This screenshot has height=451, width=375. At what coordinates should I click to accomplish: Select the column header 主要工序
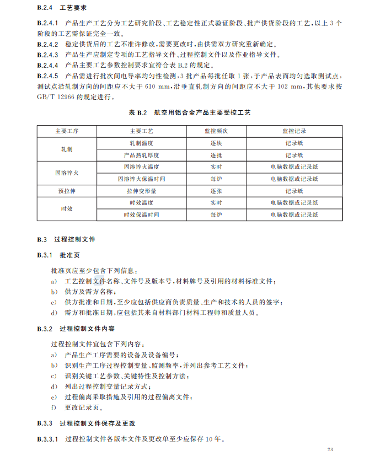coord(67,132)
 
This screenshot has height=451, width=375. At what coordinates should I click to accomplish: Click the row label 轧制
coord(67,149)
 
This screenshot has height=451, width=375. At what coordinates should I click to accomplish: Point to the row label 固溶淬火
coord(67,173)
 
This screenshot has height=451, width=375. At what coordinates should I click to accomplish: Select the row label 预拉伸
coord(67,191)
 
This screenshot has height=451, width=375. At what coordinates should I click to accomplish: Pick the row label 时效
coord(67,208)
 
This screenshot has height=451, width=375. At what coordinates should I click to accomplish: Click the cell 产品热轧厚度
coord(141,155)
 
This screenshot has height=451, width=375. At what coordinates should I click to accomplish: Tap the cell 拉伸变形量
coord(141,191)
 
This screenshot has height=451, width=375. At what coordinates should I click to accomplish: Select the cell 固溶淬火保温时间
coord(141,179)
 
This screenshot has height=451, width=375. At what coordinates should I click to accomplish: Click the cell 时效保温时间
coord(141,214)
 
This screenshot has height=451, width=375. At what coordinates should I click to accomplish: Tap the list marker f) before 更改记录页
coord(53,407)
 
